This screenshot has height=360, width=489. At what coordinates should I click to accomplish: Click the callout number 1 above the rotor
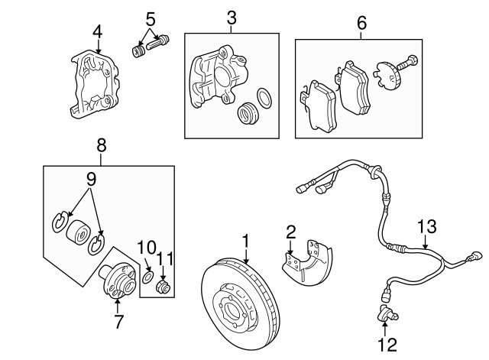pos(245,241)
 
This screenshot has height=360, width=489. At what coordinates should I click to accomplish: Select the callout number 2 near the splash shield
pos(290,232)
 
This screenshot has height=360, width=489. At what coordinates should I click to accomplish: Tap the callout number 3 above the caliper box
pos(232,17)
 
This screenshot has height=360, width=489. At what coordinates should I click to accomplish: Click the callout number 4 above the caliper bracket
pos(97,31)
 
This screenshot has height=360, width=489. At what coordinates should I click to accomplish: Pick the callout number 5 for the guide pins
pos(151,17)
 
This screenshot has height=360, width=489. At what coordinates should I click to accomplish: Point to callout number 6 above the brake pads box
pos(361,23)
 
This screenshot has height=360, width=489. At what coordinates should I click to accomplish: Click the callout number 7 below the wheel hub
pos(118,322)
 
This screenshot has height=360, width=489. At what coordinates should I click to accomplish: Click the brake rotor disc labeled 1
pos(238,306)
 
